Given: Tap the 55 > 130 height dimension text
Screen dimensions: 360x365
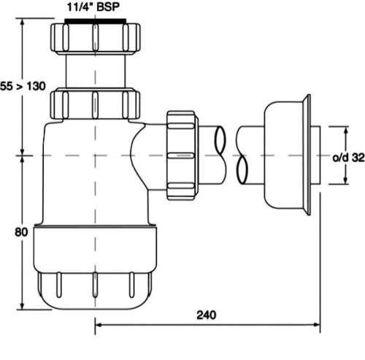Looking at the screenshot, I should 23,87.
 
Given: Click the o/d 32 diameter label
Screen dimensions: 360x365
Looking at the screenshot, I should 347,156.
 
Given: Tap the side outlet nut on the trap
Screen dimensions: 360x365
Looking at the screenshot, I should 181,156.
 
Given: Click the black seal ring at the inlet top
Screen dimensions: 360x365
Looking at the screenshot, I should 95,22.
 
